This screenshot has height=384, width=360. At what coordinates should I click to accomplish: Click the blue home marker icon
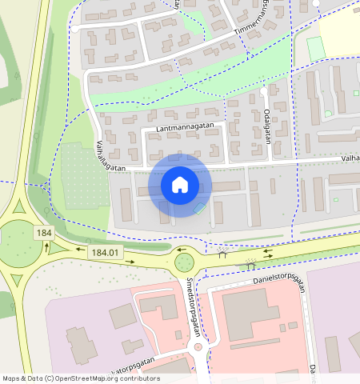[180, 185]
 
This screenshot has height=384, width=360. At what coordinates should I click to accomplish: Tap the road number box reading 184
[43, 233]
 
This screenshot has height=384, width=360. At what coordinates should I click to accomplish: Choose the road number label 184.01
[105, 253]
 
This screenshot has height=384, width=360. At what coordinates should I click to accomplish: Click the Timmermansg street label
[258, 22]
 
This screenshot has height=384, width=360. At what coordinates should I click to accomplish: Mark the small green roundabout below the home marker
[184, 261]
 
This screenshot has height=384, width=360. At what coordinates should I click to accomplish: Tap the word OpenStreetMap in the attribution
[85, 378]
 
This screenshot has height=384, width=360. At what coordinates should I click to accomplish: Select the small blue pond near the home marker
[198, 209]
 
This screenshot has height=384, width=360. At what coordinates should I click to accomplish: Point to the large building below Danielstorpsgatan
[250, 314]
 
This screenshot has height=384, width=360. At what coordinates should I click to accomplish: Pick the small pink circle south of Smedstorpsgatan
[198, 347]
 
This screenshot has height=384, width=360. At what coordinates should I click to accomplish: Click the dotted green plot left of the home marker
[84, 175]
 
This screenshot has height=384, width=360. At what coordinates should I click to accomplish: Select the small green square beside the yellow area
[316, 47]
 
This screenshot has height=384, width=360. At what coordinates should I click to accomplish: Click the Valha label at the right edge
[348, 158]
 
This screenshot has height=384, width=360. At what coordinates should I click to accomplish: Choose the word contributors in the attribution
[138, 378]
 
